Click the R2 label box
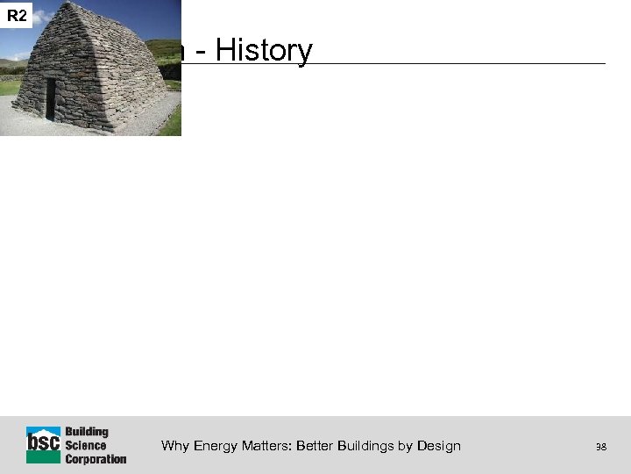pyautogui.click(x=17, y=15)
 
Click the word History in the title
pyautogui.click(x=264, y=51)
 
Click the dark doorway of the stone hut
pyautogui.click(x=51, y=97)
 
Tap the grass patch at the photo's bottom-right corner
pyautogui.click(x=172, y=121)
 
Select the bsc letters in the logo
pyautogui.click(x=43, y=444)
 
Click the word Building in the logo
pyautogui.click(x=87, y=432)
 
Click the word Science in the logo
pyautogui.click(x=86, y=445)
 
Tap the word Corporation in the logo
pyautogui.click(x=96, y=458)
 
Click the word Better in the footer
pyautogui.click(x=315, y=446)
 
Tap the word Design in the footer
pyautogui.click(x=439, y=446)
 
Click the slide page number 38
pyautogui.click(x=600, y=447)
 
